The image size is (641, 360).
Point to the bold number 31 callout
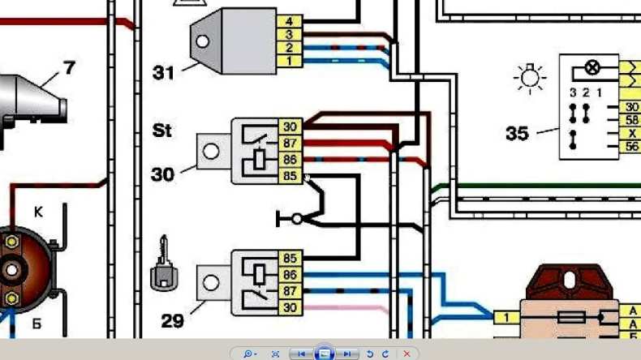163,73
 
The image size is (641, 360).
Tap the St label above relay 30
161,131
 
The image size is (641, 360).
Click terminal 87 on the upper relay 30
290,143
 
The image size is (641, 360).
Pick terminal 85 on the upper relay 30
290,174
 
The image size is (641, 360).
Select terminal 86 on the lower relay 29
290,276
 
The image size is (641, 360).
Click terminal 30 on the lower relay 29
290,307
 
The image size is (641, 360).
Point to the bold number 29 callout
172,321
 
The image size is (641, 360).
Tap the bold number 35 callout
517,134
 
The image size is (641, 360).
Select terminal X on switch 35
630,133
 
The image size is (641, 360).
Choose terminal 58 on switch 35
630,120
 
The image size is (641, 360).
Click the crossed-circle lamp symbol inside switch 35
592,67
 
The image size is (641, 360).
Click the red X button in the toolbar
407,354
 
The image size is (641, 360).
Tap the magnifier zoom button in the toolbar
248,354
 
